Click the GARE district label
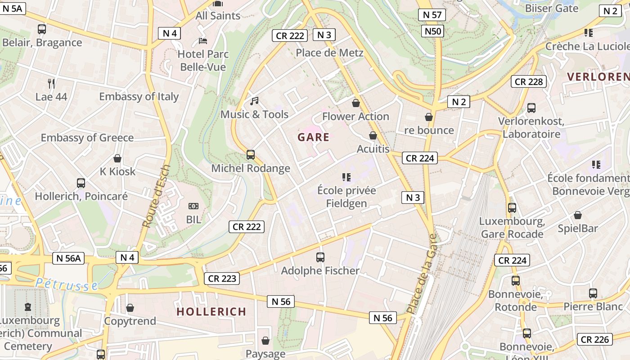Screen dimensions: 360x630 coord(313,137)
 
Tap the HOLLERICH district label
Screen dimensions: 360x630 coord(211,311)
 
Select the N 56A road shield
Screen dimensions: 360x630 coord(68,258)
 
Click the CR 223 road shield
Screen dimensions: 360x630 coord(222,279)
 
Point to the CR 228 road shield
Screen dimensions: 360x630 coord(529,81)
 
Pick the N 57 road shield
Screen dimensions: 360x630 coord(432,15)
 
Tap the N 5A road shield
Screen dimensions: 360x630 coord(13,8)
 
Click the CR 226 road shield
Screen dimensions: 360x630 coord(595,339)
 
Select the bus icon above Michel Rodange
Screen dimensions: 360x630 coord(251,155)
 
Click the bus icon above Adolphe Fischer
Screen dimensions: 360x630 coord(320,257)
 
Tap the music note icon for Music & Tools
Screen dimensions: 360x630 coord(254,101)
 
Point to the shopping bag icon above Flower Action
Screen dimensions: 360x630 coord(356,103)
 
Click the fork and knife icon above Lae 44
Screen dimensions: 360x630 coord(51,83)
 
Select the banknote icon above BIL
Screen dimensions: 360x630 coord(193,207)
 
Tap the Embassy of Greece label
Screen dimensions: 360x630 coord(87,138)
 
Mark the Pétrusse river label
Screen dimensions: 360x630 coord(67,284)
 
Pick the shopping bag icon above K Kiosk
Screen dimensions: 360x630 coord(117,158)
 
